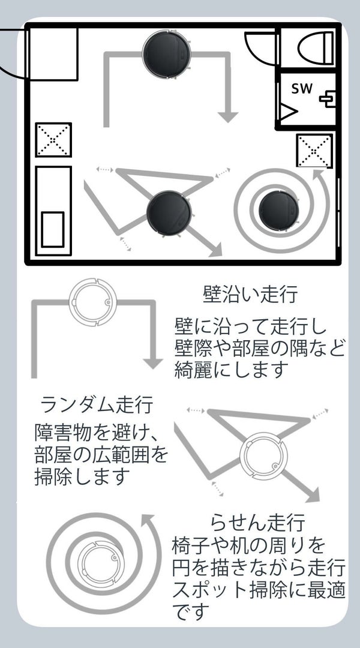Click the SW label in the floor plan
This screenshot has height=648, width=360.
(302, 89)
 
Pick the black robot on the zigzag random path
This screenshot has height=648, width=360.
(169, 212)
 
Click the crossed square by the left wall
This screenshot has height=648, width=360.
(53, 140)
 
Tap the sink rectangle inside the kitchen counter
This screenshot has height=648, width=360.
(53, 229)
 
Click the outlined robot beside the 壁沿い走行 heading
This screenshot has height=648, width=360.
(93, 304)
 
